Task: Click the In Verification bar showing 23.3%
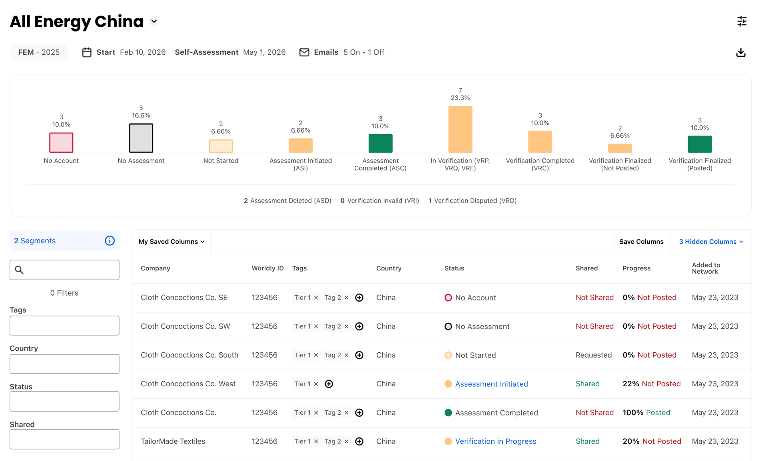click(x=460, y=129)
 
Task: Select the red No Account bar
click(x=61, y=143)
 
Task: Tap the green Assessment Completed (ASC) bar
click(x=380, y=143)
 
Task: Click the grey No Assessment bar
click(x=141, y=138)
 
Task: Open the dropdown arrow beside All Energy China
click(x=154, y=21)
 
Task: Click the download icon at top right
click(x=741, y=52)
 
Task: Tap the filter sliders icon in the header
click(x=742, y=21)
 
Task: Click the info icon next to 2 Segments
click(x=110, y=240)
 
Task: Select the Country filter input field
click(x=64, y=364)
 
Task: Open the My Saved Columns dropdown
click(x=172, y=242)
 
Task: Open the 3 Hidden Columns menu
click(x=711, y=242)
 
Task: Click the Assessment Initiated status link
click(x=491, y=384)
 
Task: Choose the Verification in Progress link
click(x=496, y=441)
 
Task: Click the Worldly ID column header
click(x=267, y=268)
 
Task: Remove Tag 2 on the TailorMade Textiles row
click(x=346, y=441)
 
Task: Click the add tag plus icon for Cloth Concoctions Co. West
click(x=329, y=384)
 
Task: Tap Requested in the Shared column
click(x=594, y=355)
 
